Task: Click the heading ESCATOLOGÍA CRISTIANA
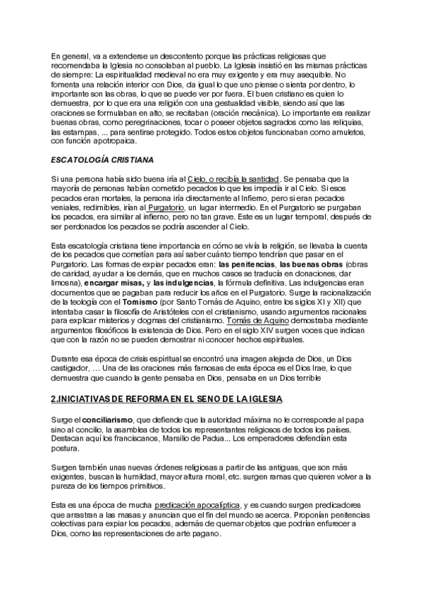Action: coord(103,159)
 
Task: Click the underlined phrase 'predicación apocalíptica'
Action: coord(197,506)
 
